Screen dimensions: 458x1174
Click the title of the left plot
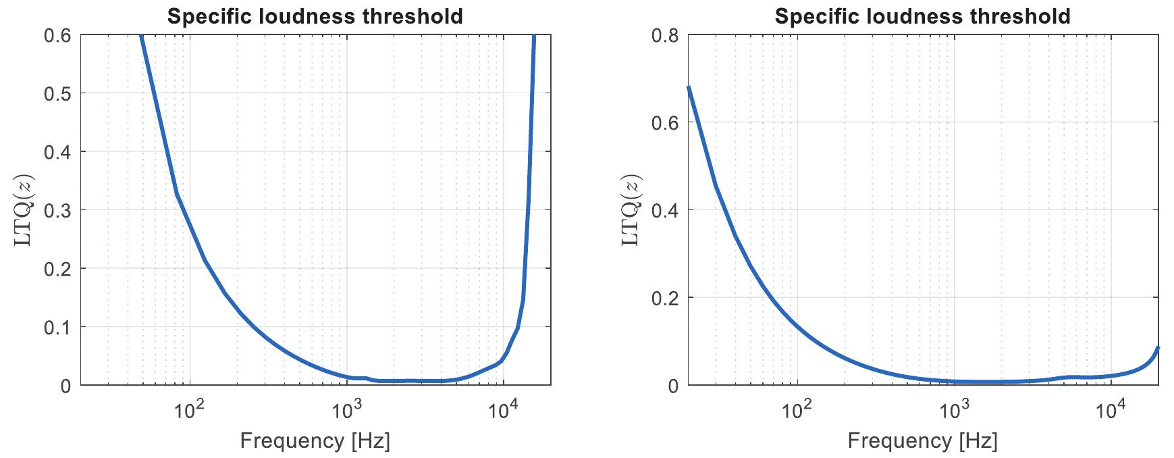click(315, 16)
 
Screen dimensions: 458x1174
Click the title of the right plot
click(923, 16)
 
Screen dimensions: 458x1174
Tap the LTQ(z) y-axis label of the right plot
click(630, 210)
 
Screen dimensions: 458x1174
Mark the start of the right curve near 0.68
click(689, 87)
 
